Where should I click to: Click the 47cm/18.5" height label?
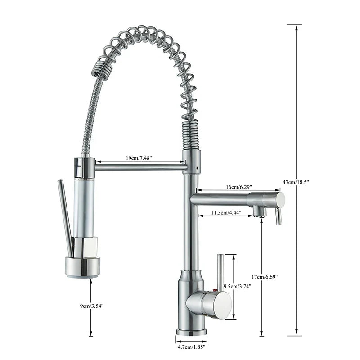point(296,181)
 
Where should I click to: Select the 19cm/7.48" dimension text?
point(139,158)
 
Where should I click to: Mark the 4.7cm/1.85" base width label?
point(191,347)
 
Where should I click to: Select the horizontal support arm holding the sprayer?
point(139,167)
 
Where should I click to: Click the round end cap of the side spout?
point(280,199)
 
